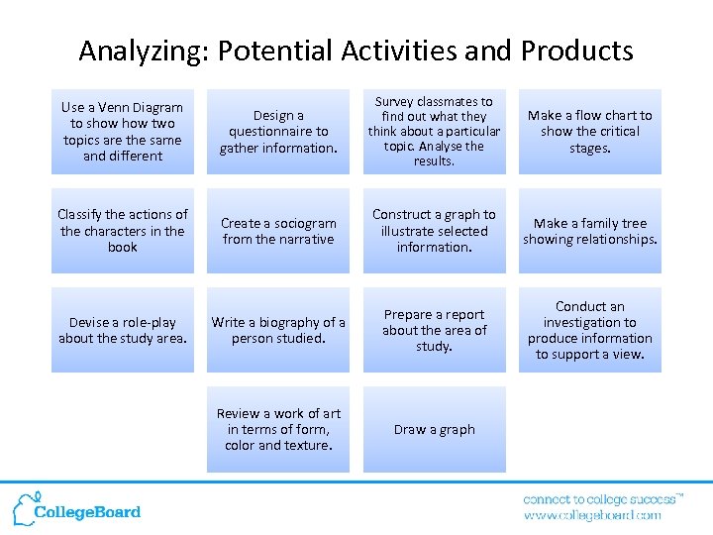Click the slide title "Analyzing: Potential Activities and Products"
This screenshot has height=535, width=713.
tap(356, 50)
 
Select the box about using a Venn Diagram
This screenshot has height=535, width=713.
tap(123, 132)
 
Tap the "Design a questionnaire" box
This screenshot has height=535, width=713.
tap(278, 132)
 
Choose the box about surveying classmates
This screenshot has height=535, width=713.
tap(434, 132)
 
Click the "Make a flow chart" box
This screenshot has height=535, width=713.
tap(589, 132)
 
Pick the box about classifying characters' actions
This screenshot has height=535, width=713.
tap(123, 231)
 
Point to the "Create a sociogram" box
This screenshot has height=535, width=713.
tap(278, 231)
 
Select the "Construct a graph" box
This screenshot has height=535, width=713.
tap(434, 231)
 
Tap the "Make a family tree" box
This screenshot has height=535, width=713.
tap(589, 231)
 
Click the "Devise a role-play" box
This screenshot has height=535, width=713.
tap(123, 330)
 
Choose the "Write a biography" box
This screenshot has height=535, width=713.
tap(278, 330)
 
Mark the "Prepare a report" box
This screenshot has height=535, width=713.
tap(434, 330)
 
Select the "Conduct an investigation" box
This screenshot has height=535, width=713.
tap(589, 330)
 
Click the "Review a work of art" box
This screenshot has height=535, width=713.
tap(278, 429)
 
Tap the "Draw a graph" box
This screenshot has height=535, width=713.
tap(434, 429)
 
